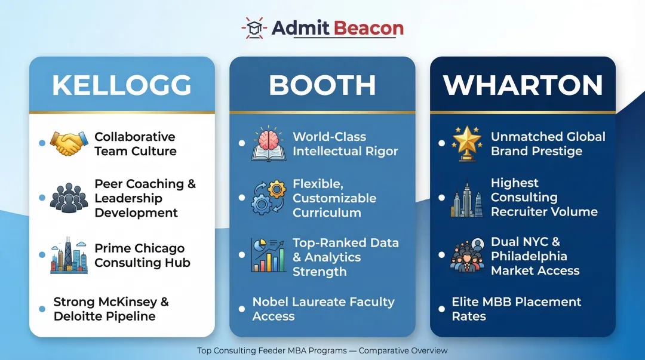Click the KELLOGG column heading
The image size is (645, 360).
pos(122,85)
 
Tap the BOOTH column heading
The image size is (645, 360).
pos(322,85)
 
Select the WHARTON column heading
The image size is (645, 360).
pos(523,85)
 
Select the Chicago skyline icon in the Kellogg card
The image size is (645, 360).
pos(69,256)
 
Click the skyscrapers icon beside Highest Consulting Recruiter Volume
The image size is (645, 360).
pos(466,198)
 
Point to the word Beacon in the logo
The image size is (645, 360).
pos(368,27)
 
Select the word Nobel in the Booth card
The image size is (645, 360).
pos(272,302)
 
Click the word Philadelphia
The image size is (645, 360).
pos(529,256)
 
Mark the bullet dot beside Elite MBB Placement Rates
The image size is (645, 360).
pos(441,309)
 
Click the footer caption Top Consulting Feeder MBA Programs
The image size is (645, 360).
pos(276,350)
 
